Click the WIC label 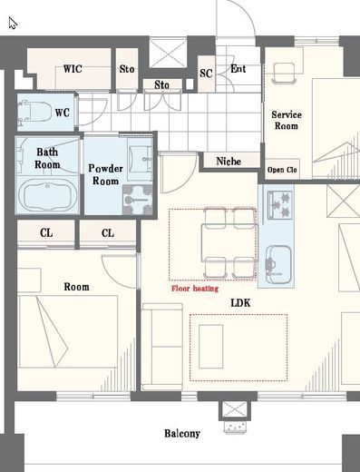point(73,69)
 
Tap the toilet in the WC point(34,113)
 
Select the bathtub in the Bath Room point(47,194)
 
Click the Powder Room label point(105,174)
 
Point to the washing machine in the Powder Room point(138,200)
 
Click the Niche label point(229,162)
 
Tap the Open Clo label point(282,170)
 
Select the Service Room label point(287,120)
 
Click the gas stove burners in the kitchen point(280,205)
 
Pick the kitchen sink point(278,264)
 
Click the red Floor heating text point(195,289)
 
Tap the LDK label point(240,303)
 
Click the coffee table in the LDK point(211,347)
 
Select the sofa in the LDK point(162,347)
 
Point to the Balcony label point(182,434)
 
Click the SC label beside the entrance point(206,74)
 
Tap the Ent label point(238,69)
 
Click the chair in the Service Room point(284,74)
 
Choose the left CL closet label point(46,233)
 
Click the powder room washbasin point(141,159)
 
